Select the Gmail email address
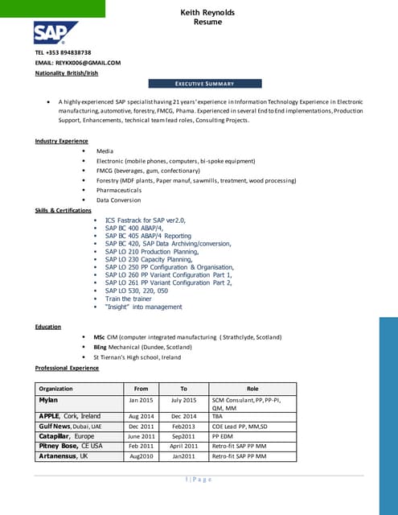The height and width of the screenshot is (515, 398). click(77, 62)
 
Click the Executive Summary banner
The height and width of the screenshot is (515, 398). click(205, 84)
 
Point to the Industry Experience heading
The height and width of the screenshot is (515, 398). click(61, 141)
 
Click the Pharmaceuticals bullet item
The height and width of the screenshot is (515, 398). click(119, 190)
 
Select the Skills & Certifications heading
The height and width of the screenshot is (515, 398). click(63, 210)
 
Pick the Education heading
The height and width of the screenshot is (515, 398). click(48, 327)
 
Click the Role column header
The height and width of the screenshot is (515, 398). click(252, 388)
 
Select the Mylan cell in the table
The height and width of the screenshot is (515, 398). click(48, 400)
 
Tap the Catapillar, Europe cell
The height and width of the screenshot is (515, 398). click(67, 435)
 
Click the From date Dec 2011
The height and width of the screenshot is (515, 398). click(142, 426)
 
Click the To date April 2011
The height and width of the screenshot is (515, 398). click(183, 446)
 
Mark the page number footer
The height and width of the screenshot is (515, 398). click(199, 479)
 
